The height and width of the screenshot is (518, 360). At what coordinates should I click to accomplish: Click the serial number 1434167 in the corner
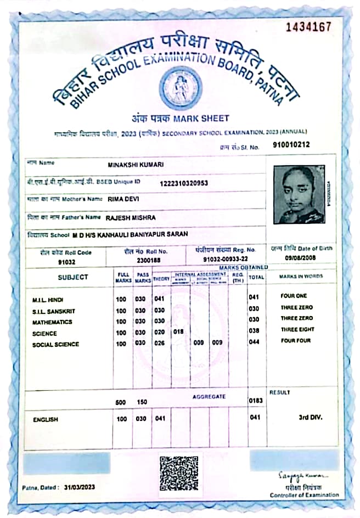(309, 26)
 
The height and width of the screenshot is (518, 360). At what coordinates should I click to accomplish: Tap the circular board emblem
(180, 88)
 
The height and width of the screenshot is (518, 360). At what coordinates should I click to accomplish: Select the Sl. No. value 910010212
(291, 145)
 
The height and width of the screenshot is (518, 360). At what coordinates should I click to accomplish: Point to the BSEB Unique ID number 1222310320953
(184, 183)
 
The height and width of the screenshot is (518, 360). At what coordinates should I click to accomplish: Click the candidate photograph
(299, 194)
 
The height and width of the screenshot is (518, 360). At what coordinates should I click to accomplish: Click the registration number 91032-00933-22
(225, 259)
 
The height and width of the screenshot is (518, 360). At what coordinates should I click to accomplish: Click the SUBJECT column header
(72, 277)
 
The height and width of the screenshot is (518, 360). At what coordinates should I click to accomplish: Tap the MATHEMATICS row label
(52, 322)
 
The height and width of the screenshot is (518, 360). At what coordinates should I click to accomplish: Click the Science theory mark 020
(159, 332)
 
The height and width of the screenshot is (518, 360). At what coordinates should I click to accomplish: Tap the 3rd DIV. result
(310, 417)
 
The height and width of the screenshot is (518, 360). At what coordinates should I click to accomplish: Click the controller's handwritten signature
(305, 474)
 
